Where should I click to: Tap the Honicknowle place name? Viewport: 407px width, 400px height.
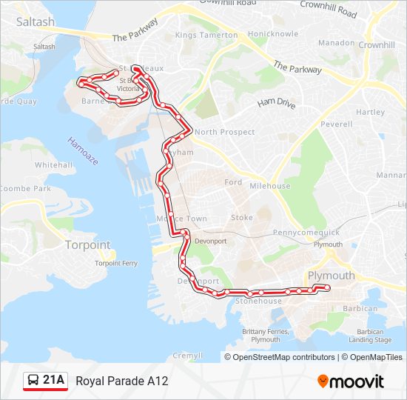pos(273,34)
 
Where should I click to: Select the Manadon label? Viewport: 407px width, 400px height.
pos(337,43)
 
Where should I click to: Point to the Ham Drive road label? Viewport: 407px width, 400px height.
pos(276,104)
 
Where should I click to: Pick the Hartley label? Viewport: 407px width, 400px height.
pos(370,112)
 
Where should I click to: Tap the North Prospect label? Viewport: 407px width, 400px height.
pos(225,132)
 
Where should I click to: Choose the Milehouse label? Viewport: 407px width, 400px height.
pos(270,186)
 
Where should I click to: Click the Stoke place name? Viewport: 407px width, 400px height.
pos(242,218)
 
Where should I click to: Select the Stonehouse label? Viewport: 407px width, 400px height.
pos(258,301)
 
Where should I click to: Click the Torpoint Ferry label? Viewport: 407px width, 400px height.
pos(116,262)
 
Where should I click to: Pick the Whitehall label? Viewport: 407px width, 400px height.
pos(53,164)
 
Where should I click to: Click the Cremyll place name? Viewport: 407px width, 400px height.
pos(182,355)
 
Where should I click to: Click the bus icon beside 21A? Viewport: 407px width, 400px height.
pos(33,381)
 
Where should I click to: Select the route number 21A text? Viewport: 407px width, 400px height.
pos(54,381)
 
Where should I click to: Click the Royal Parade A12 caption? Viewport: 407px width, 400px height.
pos(122,381)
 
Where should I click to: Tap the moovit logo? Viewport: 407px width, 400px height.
pos(351,381)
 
